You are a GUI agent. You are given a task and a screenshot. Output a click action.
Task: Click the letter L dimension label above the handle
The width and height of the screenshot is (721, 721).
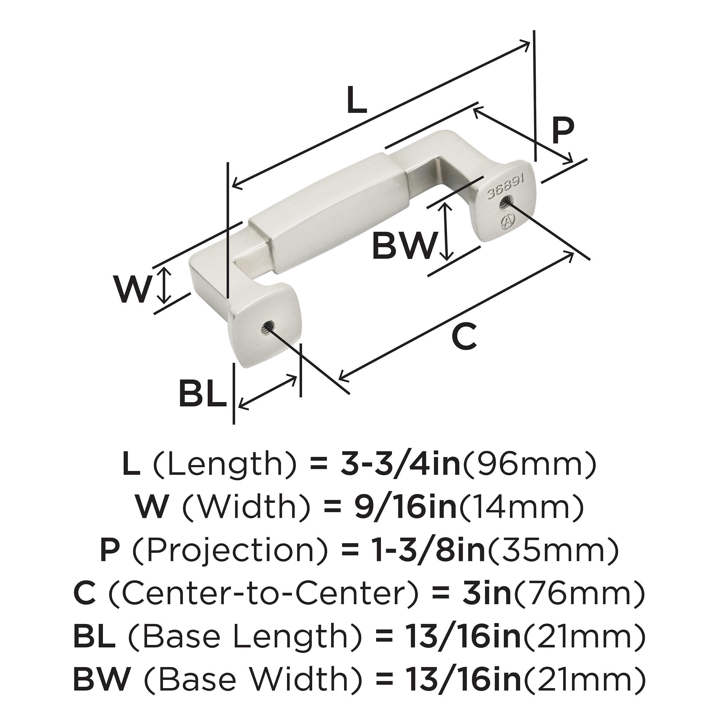[x=357, y=101]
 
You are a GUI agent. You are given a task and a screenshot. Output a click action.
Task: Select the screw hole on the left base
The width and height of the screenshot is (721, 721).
[x=266, y=328]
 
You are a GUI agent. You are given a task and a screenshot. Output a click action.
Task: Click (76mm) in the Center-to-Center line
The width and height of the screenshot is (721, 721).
[x=579, y=594]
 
